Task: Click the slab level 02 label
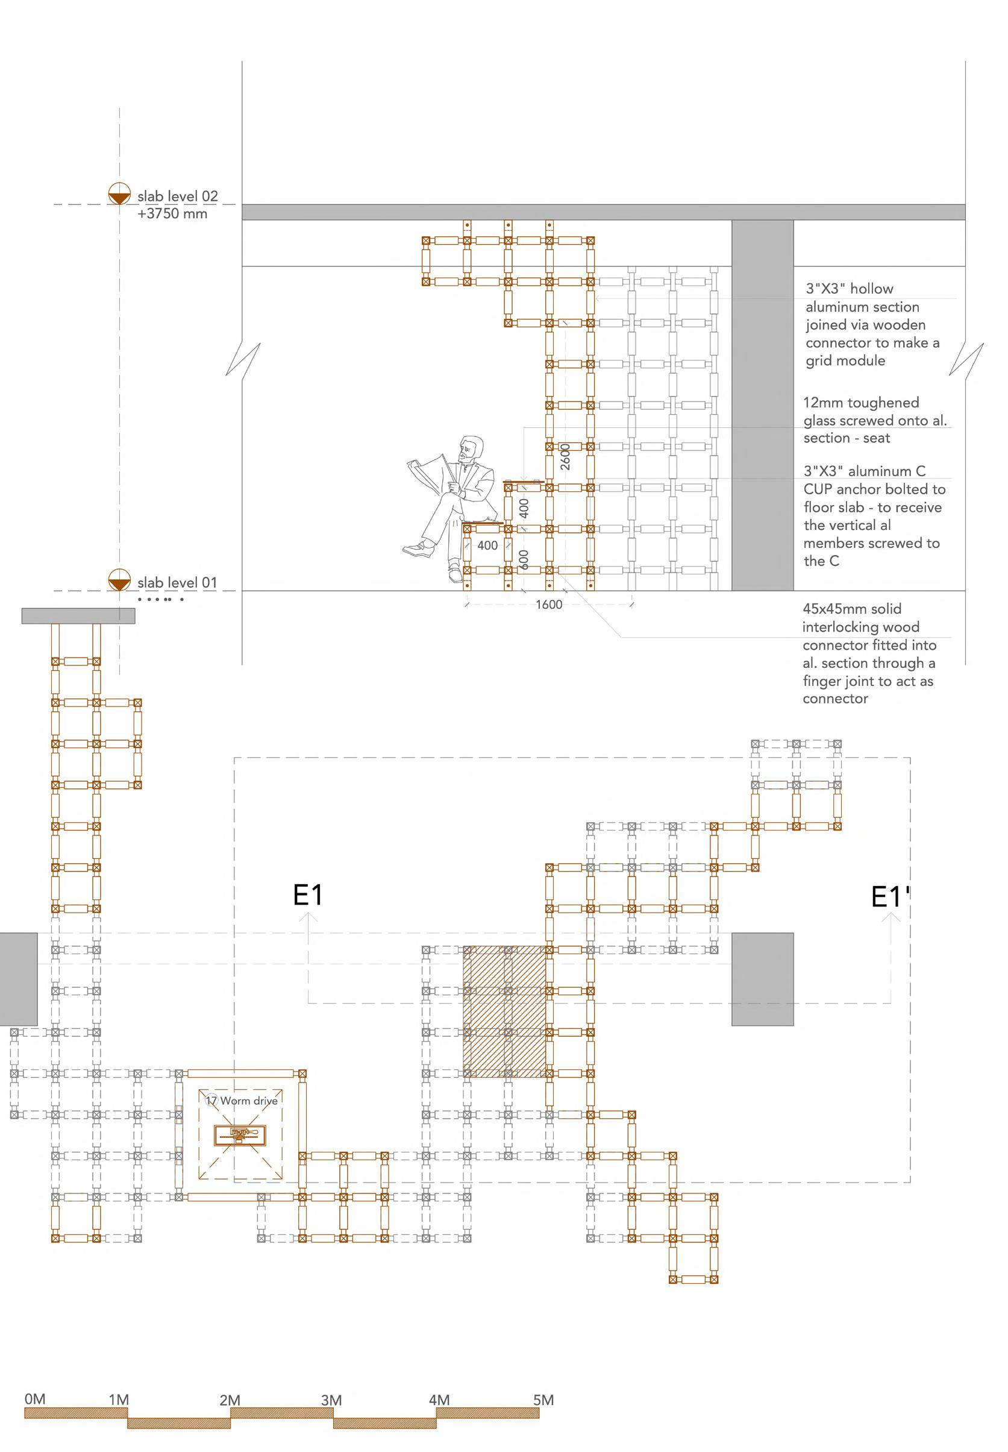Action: [178, 196]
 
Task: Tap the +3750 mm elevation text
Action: [172, 213]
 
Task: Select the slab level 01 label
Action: [177, 583]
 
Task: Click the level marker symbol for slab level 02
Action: [119, 194]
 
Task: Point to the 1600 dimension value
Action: [548, 605]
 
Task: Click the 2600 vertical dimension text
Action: [565, 456]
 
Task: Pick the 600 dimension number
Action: [524, 559]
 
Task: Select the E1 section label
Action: [307, 895]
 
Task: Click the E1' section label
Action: [889, 897]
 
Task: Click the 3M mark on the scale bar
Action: [331, 1400]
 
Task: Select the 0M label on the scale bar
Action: [35, 1399]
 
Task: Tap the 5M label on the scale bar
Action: [543, 1400]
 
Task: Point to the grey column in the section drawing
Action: [762, 404]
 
